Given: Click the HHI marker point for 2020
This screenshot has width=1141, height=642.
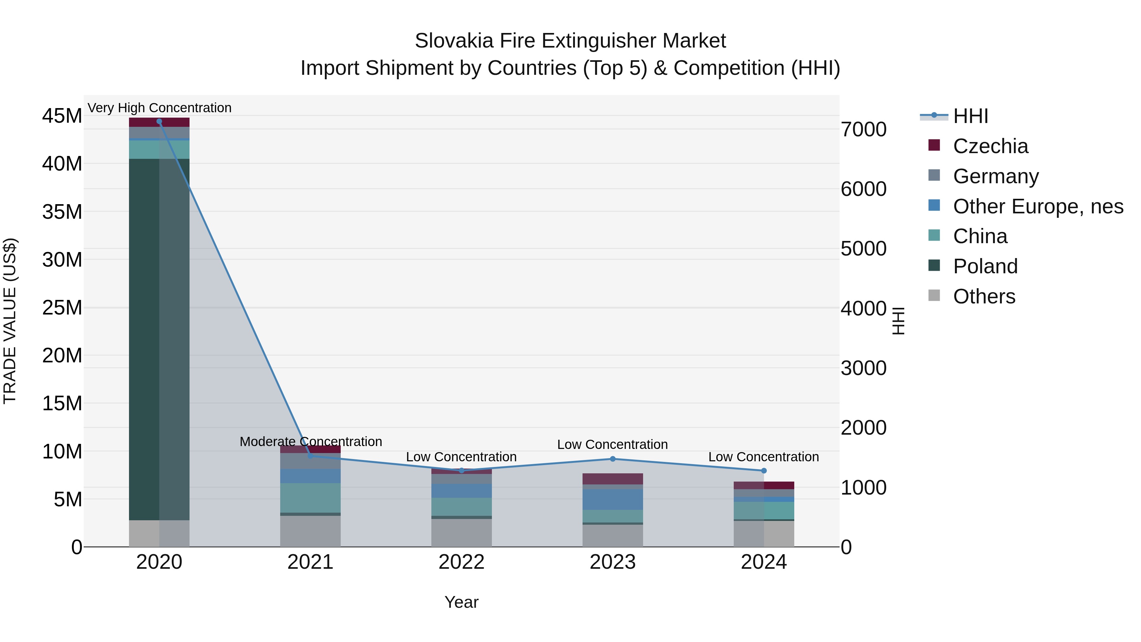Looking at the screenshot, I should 159,121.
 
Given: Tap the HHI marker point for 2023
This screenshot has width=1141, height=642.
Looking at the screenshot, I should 613,459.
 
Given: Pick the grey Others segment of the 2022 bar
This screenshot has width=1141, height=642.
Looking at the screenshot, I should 461,533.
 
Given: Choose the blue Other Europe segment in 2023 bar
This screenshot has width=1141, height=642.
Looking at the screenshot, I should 613,499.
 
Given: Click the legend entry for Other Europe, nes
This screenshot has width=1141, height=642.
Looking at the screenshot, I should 1037,206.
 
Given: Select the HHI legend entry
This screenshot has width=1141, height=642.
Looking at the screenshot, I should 970,116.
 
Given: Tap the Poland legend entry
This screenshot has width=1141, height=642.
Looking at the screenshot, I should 985,266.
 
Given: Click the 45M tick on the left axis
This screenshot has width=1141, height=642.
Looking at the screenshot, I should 62,116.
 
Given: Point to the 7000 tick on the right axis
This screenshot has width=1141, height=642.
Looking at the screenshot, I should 863,129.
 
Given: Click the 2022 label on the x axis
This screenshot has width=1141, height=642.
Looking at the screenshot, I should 461,562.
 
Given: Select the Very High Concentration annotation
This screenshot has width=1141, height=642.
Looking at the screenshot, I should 159,108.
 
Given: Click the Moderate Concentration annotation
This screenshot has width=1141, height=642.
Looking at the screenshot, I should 311,442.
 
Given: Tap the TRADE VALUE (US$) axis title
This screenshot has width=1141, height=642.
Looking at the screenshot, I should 10,321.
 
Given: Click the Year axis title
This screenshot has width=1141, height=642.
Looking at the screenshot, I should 461,602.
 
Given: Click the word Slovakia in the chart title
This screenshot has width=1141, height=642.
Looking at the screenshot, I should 454,41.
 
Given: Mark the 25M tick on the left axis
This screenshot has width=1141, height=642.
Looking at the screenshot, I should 62,308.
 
